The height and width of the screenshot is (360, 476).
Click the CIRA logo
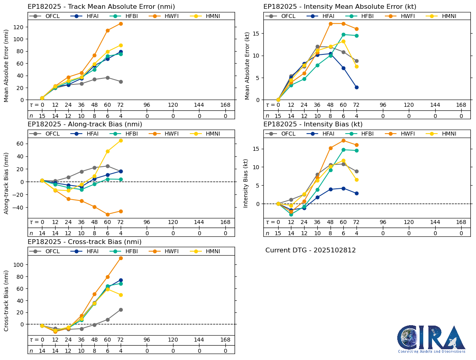tap(431, 338)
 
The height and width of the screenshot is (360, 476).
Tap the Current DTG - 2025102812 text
tap(311, 250)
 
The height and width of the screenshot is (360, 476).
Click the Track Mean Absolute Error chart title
tap(101, 7)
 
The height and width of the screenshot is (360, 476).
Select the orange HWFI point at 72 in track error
tap(121, 24)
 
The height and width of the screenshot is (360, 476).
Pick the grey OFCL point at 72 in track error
tap(121, 82)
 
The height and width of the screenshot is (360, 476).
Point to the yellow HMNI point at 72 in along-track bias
tap(121, 140)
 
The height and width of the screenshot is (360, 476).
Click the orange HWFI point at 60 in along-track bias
tap(108, 214)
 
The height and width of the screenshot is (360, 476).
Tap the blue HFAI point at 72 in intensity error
tap(357, 87)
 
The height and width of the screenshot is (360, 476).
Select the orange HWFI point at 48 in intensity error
tap(331, 24)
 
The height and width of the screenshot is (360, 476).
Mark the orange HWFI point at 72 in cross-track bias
tap(121, 258)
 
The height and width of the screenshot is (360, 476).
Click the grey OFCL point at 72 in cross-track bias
tap(121, 310)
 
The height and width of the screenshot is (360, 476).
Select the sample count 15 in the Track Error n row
tap(42, 116)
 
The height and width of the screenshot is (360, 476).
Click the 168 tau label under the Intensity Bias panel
tap(461, 222)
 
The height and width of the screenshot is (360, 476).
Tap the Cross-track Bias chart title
tap(84, 242)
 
